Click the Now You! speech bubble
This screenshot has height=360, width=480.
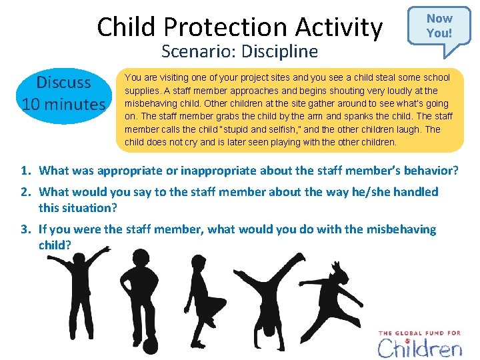point(439,25)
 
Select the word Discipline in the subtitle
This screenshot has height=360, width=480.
point(279,51)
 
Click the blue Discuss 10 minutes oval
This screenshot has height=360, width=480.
point(63,93)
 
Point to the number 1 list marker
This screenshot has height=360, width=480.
point(24,171)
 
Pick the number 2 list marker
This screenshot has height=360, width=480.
point(24,192)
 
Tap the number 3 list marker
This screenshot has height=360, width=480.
point(24,229)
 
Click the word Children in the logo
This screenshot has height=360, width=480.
point(420,348)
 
